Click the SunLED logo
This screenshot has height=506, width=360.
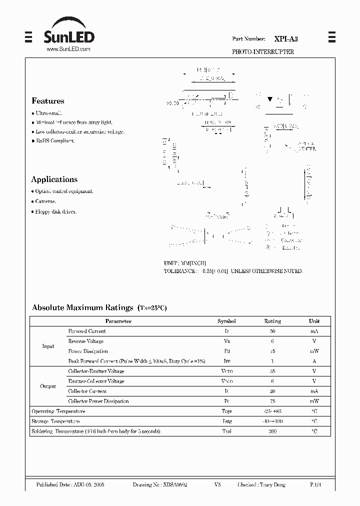68,32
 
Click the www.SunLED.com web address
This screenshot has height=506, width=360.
68,49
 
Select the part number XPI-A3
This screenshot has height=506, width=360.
285,38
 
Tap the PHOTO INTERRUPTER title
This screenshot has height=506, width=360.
262,52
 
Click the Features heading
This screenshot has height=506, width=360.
47,101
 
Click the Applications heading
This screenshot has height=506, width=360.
54,179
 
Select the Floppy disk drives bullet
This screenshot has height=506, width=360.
55,211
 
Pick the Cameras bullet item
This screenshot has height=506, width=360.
45,201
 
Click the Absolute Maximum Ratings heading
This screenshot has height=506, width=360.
82,308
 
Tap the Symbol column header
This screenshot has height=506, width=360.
226,321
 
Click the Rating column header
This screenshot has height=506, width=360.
272,321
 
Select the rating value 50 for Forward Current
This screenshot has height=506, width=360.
272,331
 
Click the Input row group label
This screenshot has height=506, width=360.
48,346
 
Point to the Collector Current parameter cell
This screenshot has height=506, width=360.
87,391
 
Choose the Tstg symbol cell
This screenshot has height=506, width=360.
226,421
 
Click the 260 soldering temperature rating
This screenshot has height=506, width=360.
272,431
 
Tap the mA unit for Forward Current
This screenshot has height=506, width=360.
314,331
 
